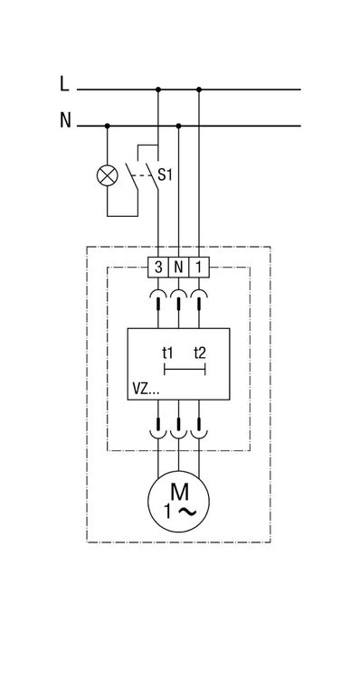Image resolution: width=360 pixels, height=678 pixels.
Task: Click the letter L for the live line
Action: [x=64, y=83]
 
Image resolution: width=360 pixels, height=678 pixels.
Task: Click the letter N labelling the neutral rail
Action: [x=65, y=119]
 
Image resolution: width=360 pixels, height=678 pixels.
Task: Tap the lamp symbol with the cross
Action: [x=107, y=176]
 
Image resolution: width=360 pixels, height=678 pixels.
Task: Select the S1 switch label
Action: [x=165, y=175]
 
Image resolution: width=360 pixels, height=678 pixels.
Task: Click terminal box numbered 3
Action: [x=158, y=268]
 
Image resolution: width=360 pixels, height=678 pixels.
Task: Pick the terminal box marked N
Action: [x=178, y=268]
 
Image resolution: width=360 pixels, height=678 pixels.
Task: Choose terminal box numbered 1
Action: [x=199, y=268]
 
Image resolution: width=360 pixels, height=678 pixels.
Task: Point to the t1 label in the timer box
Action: [x=168, y=353]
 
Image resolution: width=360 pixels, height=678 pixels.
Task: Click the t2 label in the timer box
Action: [x=200, y=353]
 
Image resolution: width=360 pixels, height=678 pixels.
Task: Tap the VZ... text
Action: [x=146, y=390]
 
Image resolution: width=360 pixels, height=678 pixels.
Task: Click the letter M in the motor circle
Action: [x=179, y=491]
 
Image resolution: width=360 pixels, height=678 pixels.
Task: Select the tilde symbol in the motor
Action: [x=187, y=512]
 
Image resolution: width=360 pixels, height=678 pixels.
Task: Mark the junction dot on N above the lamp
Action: [x=108, y=126]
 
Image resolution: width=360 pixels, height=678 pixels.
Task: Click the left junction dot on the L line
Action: [x=158, y=89]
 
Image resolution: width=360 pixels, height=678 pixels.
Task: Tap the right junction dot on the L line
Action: [x=199, y=89]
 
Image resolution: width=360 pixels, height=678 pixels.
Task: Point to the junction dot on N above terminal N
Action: [x=178, y=126]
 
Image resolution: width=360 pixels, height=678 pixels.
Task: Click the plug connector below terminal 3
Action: [x=158, y=300]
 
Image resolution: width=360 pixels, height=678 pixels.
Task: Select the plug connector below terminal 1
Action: [x=199, y=300]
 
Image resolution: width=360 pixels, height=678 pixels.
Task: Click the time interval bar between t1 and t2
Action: [x=185, y=370]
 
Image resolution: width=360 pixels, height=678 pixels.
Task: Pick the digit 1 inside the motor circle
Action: [x=168, y=512]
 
